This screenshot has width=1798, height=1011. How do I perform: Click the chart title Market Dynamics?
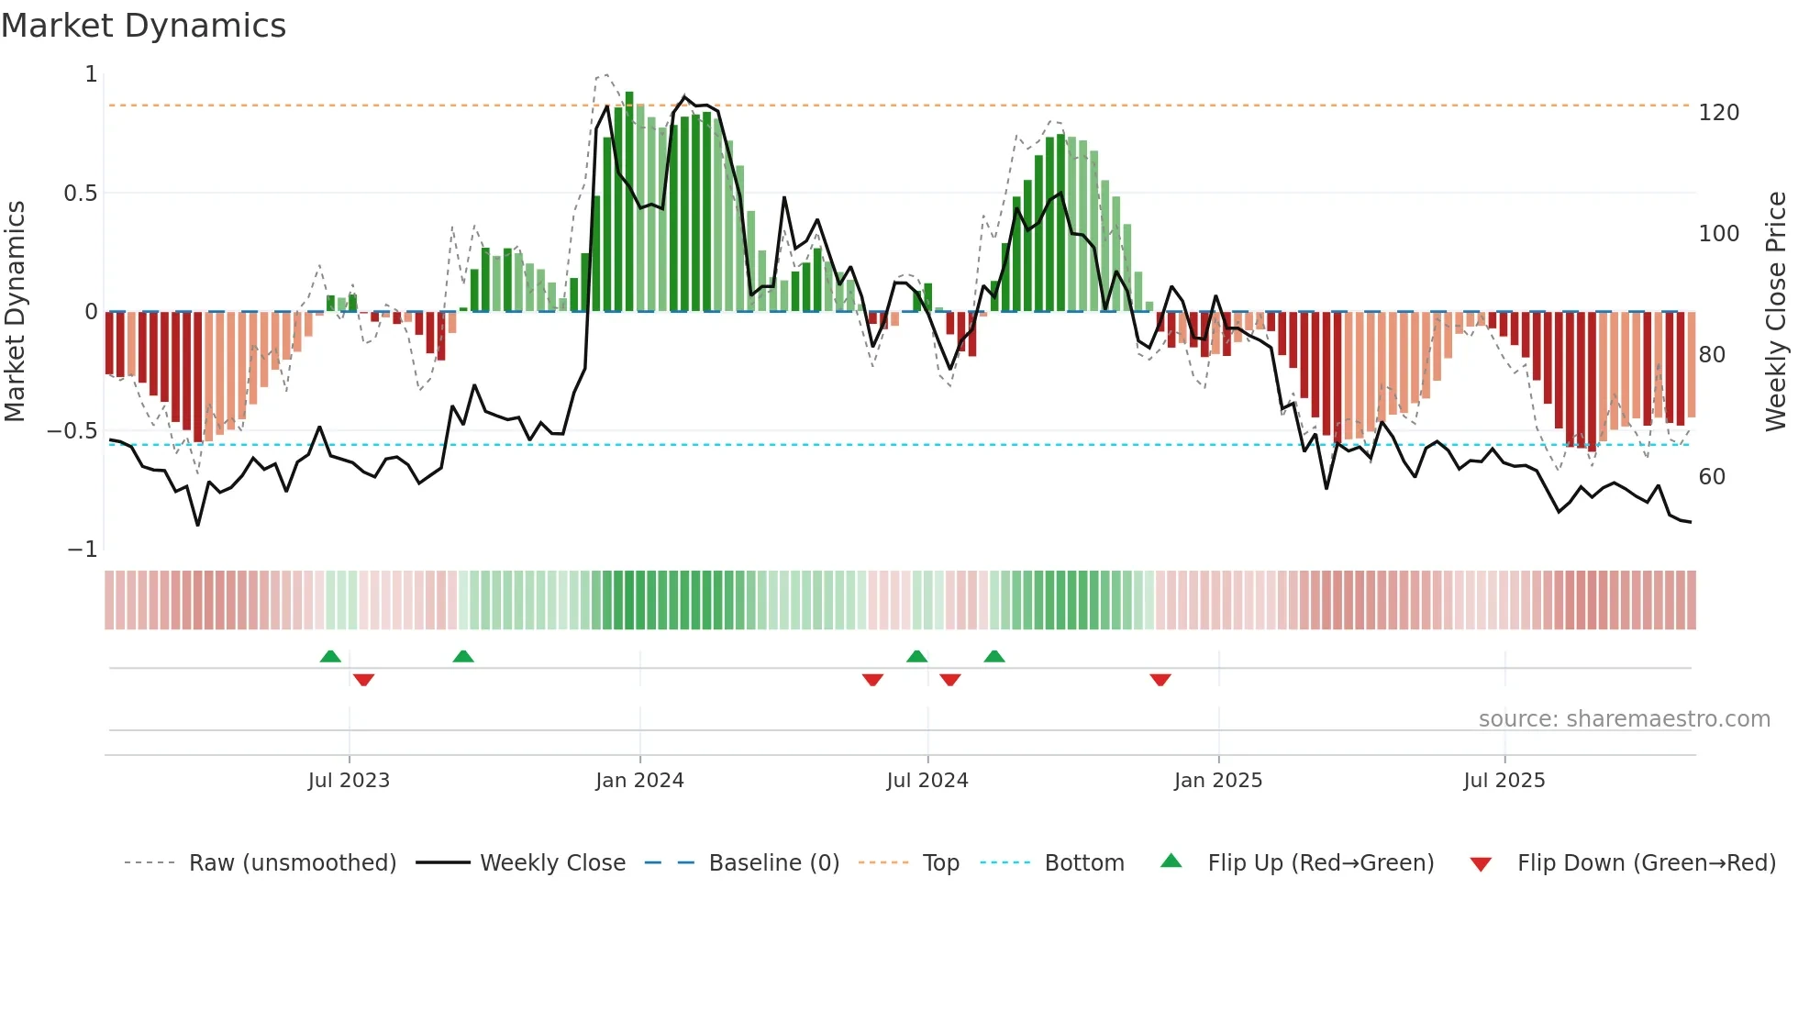coord(143,26)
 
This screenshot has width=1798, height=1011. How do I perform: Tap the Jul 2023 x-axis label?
coord(349,781)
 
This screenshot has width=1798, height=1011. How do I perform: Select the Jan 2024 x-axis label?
coord(639,781)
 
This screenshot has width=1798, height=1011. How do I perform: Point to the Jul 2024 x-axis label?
coord(927,781)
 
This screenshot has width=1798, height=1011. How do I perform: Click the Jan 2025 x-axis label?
coord(1218,781)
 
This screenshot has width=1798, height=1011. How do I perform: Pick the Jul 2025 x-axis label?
coord(1504,781)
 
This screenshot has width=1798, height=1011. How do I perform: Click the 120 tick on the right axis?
coord(1718,113)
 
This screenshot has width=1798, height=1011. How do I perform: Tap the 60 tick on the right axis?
coord(1712,477)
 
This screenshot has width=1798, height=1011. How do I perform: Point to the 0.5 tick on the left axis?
coord(80,194)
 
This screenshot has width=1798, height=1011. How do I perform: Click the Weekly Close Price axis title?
coord(1776,312)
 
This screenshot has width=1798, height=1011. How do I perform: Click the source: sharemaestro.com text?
coord(1624,719)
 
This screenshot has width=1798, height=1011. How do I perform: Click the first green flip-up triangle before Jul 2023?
coord(330,656)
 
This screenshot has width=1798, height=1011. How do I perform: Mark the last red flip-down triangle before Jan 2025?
coord(1160,680)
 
